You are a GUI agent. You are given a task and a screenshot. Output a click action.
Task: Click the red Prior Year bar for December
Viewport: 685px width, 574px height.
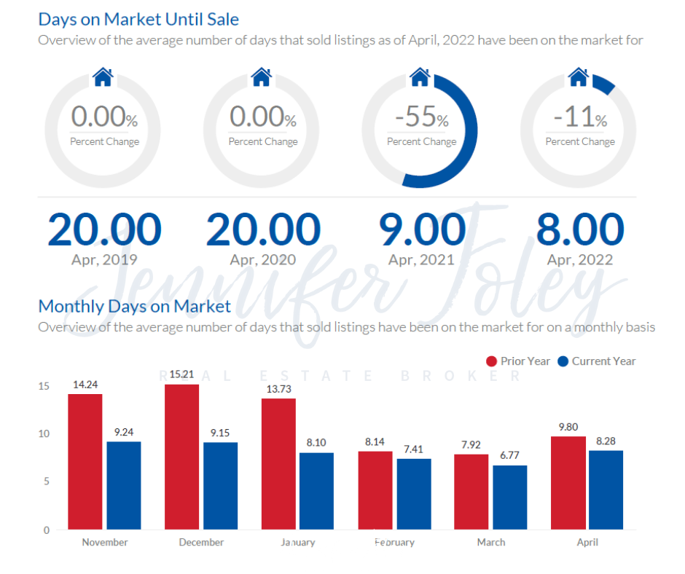click(x=181, y=457)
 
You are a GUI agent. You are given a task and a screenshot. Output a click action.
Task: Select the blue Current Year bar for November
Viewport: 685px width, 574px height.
click(x=124, y=485)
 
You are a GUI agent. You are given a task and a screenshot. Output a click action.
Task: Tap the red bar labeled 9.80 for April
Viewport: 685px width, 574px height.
click(x=568, y=482)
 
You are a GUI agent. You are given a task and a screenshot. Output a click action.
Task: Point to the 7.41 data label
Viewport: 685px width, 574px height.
click(x=413, y=450)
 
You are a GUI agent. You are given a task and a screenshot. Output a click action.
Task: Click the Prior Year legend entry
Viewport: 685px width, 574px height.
click(x=518, y=361)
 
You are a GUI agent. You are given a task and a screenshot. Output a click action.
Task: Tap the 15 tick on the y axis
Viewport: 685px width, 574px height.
click(x=44, y=386)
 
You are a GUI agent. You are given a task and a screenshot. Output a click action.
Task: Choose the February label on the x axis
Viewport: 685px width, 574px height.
click(x=394, y=543)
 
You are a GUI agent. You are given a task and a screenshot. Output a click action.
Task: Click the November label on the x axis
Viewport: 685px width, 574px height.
click(x=105, y=543)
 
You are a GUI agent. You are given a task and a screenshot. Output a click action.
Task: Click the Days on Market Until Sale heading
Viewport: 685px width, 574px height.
click(x=138, y=19)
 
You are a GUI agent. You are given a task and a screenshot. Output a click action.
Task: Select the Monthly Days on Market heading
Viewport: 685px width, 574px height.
click(x=134, y=306)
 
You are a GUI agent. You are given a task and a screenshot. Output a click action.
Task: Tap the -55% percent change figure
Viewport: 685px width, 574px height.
click(x=421, y=117)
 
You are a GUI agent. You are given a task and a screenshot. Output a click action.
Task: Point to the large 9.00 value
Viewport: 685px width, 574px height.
click(x=422, y=229)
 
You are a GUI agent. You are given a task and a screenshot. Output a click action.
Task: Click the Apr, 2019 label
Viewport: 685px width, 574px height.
click(x=104, y=259)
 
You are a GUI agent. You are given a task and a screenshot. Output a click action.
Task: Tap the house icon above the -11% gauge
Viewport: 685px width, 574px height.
click(x=578, y=76)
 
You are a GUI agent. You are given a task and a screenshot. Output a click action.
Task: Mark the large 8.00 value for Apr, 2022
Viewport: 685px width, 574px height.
click(x=580, y=229)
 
